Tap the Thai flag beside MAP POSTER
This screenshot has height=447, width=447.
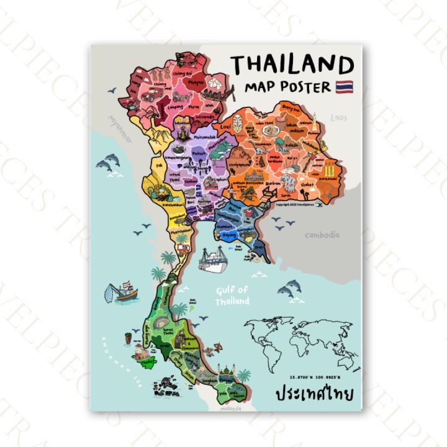tap(344, 86)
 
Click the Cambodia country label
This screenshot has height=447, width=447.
tap(322, 235)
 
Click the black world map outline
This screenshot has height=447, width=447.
tap(302, 345)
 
